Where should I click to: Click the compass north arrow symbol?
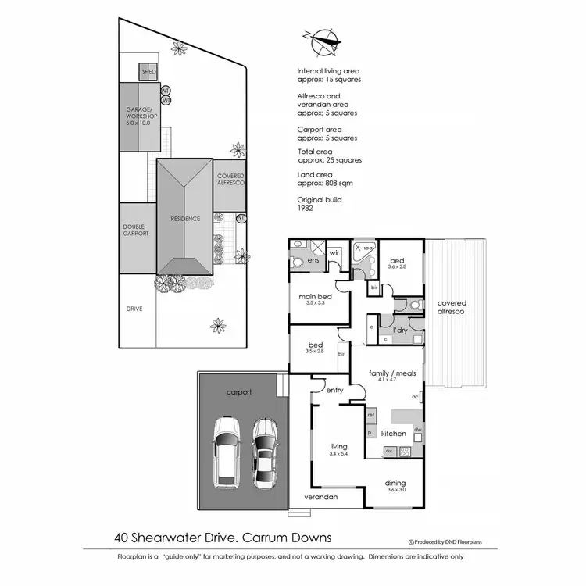[322, 40]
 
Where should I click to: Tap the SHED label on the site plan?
[148, 72]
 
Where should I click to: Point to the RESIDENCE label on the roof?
[185, 219]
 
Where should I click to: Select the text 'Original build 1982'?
[319, 205]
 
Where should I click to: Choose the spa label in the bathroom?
[368, 248]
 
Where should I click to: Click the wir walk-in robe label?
[334, 252]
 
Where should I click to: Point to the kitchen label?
[393, 433]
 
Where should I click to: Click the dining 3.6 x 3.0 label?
[395, 486]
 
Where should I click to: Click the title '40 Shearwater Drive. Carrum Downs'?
[223, 538]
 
